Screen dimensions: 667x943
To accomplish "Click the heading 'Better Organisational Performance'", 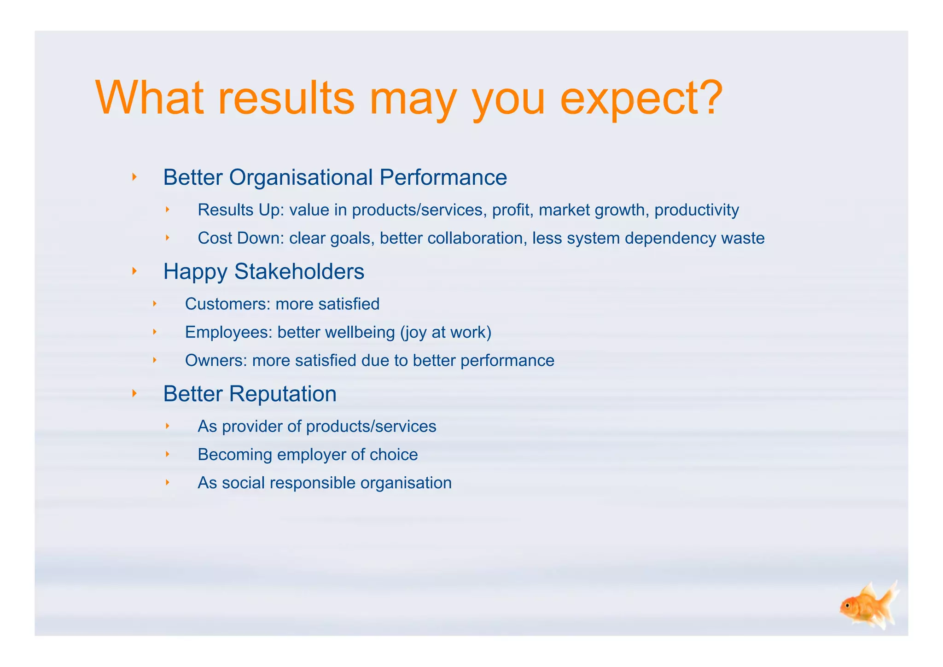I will click(335, 177).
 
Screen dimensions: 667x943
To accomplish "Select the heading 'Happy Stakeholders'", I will click(263, 271).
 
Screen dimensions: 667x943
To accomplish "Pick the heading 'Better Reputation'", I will click(250, 394).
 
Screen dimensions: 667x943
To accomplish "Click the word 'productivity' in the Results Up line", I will click(696, 210).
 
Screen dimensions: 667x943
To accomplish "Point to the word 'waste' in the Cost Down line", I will click(742, 238).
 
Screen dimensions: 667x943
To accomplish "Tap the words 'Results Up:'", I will click(241, 210).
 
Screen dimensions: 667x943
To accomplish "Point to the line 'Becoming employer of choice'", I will click(308, 455).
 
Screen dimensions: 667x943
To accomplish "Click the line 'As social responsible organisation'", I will click(324, 483).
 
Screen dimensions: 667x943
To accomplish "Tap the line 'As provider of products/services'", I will click(317, 427).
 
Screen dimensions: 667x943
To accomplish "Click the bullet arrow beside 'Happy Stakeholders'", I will click(134, 271).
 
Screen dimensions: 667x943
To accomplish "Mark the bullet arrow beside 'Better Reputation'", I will click(134, 393).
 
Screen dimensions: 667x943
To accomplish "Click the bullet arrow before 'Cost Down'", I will click(168, 238).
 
